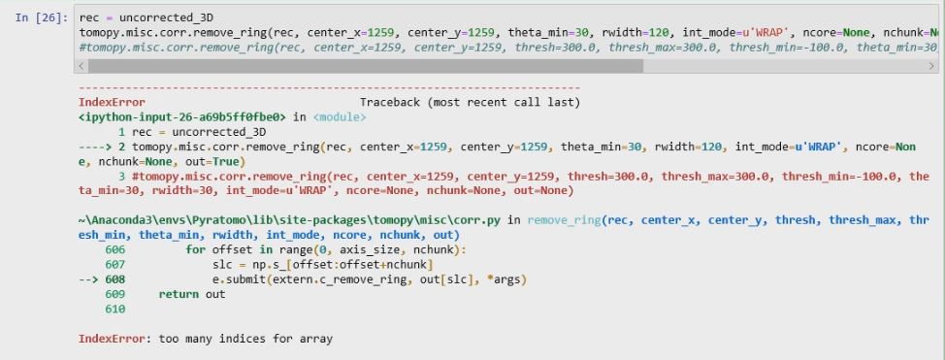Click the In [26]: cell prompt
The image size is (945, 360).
tap(41, 18)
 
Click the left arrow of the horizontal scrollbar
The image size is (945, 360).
tap(81, 66)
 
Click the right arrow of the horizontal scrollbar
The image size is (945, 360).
tap(931, 66)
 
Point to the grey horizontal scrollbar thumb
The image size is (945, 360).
tap(365, 66)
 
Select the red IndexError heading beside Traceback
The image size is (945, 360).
tap(112, 102)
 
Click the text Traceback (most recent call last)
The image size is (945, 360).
tap(470, 102)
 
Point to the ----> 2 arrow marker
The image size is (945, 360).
tap(103, 147)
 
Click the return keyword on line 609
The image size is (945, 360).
tap(179, 294)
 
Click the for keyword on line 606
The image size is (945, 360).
tap(195, 249)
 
